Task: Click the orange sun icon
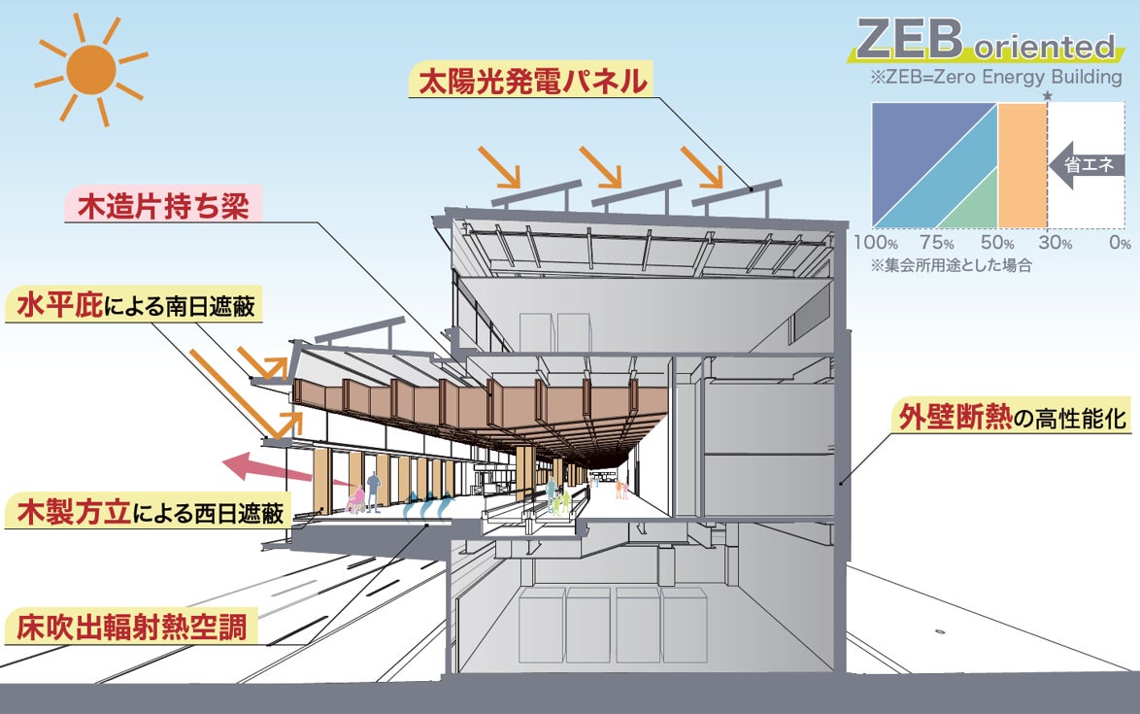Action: (x=90, y=69)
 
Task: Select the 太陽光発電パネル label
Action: (x=531, y=80)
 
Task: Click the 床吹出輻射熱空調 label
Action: (x=136, y=628)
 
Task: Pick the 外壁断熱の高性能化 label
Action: (x=1010, y=419)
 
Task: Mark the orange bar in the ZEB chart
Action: (x=1022, y=165)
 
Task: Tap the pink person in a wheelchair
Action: (x=356, y=499)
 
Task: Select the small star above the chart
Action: (x=1047, y=95)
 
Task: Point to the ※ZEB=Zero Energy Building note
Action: (x=996, y=78)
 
